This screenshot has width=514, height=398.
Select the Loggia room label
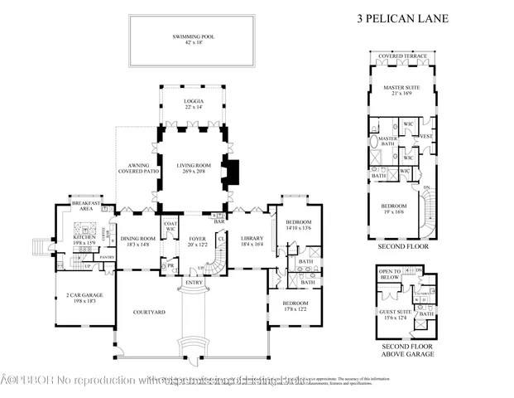[x=193, y=104]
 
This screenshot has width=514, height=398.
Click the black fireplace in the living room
[x=233, y=171]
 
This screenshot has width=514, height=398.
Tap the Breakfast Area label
[x=86, y=206]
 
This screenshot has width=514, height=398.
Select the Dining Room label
[x=133, y=241]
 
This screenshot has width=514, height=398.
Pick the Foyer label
[x=197, y=241]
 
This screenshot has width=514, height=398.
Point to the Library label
[x=252, y=241]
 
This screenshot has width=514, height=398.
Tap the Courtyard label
[x=150, y=313]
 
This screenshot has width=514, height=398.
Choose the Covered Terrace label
[x=402, y=56]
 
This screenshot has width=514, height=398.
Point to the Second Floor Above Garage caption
[x=405, y=351]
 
